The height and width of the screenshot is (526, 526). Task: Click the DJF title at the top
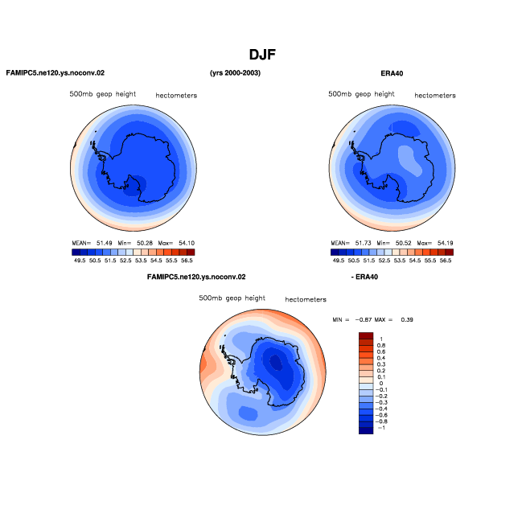262,55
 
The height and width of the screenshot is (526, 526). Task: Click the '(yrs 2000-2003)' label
235,73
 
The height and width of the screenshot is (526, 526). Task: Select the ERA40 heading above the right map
392,73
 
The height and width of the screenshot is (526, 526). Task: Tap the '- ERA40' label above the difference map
364,277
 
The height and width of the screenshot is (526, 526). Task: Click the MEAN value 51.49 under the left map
105,243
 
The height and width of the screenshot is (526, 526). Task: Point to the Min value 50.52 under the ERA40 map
403,243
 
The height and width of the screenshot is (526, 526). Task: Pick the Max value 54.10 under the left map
187,243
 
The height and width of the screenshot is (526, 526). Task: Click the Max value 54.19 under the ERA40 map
445,243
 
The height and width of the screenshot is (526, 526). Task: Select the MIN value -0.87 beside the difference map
364,319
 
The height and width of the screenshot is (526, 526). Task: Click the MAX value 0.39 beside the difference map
407,319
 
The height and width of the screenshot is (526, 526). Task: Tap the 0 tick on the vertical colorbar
381,384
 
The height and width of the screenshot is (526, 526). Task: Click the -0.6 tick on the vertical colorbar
381,415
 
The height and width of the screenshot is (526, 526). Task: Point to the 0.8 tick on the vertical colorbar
381,345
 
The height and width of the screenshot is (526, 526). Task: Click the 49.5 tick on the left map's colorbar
80,261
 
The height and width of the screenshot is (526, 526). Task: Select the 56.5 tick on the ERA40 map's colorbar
446,261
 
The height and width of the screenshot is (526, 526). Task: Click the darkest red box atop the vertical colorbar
366,336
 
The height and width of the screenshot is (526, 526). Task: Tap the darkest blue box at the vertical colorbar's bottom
366,431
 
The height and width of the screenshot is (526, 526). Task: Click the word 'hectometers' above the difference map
306,299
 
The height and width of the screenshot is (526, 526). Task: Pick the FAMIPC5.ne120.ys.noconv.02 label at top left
55,73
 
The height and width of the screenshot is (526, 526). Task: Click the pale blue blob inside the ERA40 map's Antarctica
409,160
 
